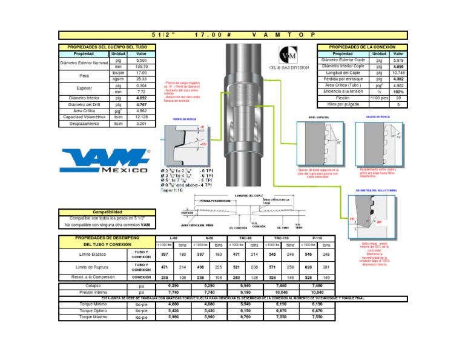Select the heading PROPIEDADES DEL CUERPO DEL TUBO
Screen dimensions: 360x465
click(107, 47)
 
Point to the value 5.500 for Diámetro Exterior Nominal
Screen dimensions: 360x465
click(141, 61)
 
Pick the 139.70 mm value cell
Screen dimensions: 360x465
click(141, 67)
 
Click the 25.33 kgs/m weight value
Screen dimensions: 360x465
click(141, 79)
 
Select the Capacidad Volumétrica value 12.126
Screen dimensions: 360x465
click(141, 116)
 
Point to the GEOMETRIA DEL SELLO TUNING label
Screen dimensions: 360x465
click(380, 190)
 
